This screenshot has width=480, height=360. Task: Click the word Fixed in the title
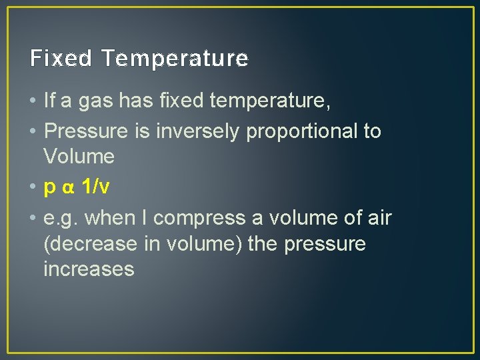click(61, 59)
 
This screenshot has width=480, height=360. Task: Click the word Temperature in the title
click(175, 59)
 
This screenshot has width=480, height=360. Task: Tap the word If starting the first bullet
click(49, 101)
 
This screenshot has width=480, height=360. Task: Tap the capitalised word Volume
click(79, 157)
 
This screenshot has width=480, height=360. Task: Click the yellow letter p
click(49, 189)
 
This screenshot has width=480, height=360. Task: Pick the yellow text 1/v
click(95, 187)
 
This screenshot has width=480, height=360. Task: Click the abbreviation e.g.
click(61, 219)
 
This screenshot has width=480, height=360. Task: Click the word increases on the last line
click(89, 269)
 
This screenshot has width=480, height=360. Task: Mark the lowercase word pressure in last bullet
click(325, 244)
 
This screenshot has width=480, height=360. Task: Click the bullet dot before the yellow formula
click(33, 188)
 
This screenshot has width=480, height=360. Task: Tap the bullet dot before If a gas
click(33, 102)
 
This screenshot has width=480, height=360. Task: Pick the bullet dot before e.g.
click(33, 218)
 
